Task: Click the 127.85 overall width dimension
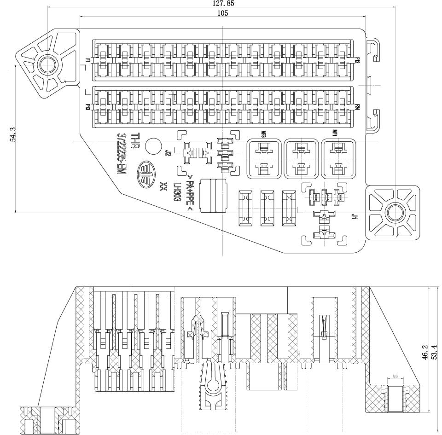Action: click(223, 3)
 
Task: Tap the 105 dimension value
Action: click(222, 13)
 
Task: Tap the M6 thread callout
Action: click(395, 377)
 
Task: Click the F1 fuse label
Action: click(87, 61)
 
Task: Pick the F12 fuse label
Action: click(357, 61)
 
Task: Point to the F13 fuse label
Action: click(87, 107)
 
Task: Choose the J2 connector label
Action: click(168, 153)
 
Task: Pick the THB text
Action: click(134, 141)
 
